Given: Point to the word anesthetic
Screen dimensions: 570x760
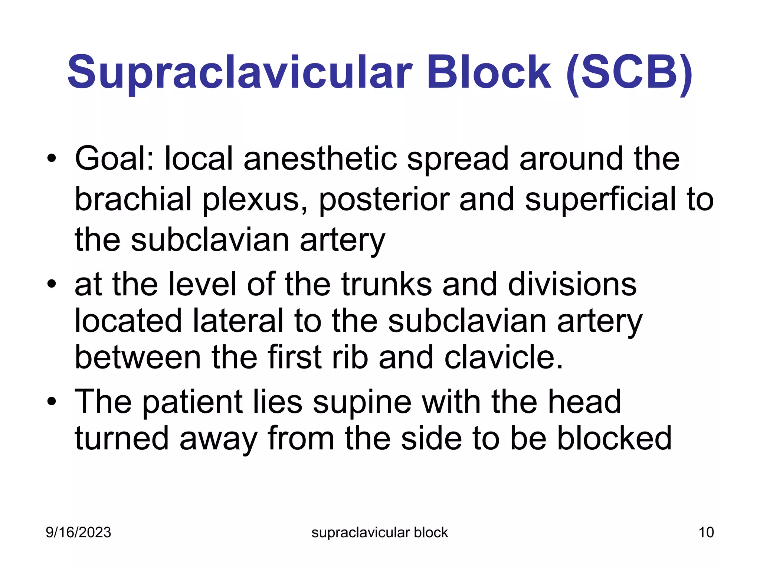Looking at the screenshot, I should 320,158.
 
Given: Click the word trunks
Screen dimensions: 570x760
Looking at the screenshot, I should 386,284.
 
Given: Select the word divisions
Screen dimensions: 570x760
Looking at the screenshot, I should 572,284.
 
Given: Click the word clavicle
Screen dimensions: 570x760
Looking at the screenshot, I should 504,357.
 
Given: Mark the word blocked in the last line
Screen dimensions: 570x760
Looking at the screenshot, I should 614,439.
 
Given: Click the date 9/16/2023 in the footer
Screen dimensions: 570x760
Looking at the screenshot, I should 78,533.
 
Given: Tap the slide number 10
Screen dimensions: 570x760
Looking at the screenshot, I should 706,533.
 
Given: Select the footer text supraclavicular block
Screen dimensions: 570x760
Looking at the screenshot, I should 380,533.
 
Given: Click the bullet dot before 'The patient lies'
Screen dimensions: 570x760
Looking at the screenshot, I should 52,402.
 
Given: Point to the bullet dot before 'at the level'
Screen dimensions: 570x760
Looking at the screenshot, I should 52,285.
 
